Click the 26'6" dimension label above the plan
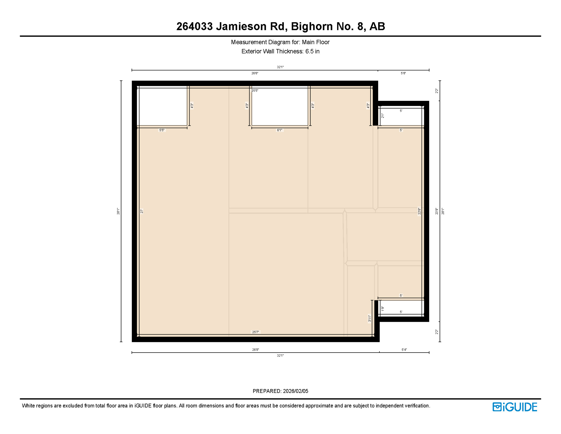coord(255,73)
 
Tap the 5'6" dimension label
coord(403,73)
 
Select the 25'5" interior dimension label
coord(255,91)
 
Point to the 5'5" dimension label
coord(162,130)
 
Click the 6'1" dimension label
coord(279,130)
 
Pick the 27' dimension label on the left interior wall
coord(142,211)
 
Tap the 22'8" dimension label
coord(419,211)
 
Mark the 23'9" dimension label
coord(437,211)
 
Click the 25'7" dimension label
coord(255,332)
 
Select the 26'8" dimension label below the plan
coord(255,350)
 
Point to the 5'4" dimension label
coord(404,350)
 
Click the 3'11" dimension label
coord(369,318)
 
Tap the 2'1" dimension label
coord(383,116)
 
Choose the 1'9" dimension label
coord(383,309)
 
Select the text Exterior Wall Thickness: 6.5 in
coord(280,51)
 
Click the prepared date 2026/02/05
coord(295,391)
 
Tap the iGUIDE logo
coord(515,407)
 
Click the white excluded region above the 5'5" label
coord(162,107)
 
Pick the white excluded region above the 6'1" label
coord(280,107)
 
